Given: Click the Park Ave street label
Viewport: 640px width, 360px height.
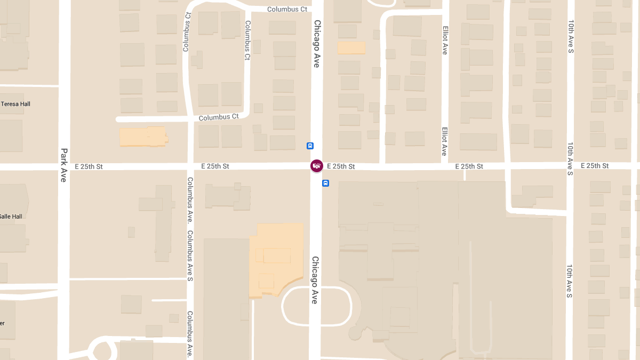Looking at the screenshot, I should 63,165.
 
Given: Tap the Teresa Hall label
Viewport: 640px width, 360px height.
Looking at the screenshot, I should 15,104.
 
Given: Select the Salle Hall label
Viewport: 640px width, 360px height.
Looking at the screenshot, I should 11,217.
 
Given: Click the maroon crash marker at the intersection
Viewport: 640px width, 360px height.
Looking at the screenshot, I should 317,166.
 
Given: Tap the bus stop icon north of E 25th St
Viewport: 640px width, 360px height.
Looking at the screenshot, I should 310,146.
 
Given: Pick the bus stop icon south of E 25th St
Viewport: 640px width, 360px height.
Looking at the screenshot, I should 325,183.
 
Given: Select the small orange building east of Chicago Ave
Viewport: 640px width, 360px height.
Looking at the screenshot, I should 351,47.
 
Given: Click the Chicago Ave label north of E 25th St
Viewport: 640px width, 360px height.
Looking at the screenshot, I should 317,44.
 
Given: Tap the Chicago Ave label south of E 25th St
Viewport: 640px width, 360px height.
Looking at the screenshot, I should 315,280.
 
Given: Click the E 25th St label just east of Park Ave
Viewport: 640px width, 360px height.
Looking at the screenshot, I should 89,166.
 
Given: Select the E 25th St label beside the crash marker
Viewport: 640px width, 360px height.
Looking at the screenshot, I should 341,166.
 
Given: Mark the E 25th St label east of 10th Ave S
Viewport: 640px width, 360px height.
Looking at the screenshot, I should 595,166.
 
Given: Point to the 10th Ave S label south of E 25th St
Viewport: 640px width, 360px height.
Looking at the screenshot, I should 570,281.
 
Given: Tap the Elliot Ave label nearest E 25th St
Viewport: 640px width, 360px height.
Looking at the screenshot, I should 444,141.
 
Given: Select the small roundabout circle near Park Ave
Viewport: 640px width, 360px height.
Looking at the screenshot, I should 105,350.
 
